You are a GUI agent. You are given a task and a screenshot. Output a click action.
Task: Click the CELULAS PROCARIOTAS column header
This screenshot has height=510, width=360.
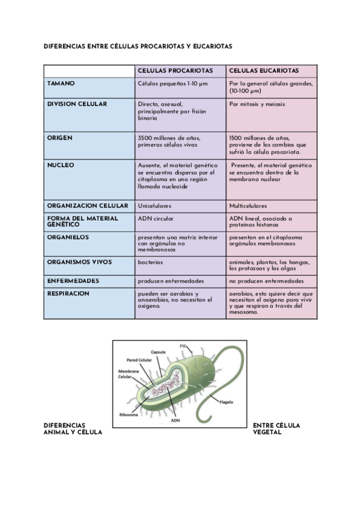tap(175, 70)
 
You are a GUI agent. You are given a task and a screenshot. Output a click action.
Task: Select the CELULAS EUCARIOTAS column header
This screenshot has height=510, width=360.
tap(264, 70)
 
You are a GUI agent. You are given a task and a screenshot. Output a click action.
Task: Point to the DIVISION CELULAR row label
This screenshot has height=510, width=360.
tap(77, 104)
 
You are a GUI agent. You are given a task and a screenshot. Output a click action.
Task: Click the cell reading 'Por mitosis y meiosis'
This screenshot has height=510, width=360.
tap(257, 104)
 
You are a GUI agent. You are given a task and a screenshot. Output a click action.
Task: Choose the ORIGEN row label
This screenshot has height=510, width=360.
tap(59, 138)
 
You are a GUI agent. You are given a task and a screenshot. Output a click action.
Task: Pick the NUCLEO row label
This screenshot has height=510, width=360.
tap(60, 165)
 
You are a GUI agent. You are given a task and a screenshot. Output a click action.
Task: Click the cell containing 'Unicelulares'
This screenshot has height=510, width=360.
tap(154, 206)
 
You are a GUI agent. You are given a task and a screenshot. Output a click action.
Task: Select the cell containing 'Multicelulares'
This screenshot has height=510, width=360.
tap(248, 206)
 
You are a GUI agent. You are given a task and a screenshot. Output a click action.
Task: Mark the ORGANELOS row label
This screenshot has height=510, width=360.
tap(68, 238)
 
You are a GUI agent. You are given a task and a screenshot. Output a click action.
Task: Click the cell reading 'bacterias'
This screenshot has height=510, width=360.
tap(150, 262)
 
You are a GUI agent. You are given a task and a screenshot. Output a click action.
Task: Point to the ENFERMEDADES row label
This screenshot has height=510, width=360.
tap(73, 281)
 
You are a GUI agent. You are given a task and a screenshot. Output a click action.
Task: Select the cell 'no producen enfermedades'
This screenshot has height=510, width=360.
tap(266, 281)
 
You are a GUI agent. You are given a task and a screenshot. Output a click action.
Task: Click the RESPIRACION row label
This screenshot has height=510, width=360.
tap(68, 293)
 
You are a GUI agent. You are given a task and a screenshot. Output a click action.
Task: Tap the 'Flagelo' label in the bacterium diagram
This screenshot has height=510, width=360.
tap(227, 402)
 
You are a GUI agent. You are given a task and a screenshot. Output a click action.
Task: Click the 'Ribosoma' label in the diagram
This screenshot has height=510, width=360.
tap(129, 414)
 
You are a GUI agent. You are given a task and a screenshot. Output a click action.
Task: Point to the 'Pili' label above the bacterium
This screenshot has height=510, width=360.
tap(184, 345)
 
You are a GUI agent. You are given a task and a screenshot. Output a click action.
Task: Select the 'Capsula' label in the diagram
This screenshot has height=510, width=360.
tap(159, 352)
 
